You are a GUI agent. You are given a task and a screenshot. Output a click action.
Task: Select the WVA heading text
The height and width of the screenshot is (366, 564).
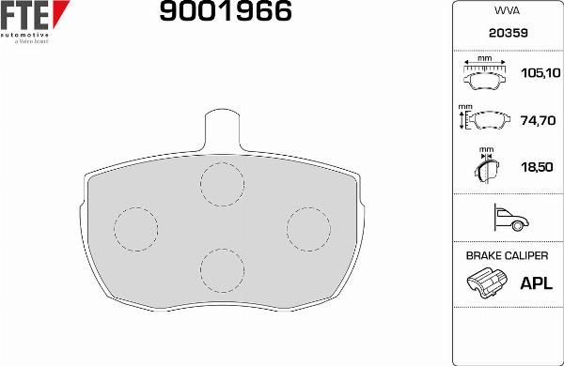click(x=507, y=11)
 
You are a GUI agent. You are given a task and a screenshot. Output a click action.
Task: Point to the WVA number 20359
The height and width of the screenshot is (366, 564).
click(x=507, y=32)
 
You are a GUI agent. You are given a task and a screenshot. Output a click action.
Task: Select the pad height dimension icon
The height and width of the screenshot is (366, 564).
click(x=482, y=119)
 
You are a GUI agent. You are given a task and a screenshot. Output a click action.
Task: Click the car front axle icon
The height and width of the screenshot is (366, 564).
click(x=507, y=219)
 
